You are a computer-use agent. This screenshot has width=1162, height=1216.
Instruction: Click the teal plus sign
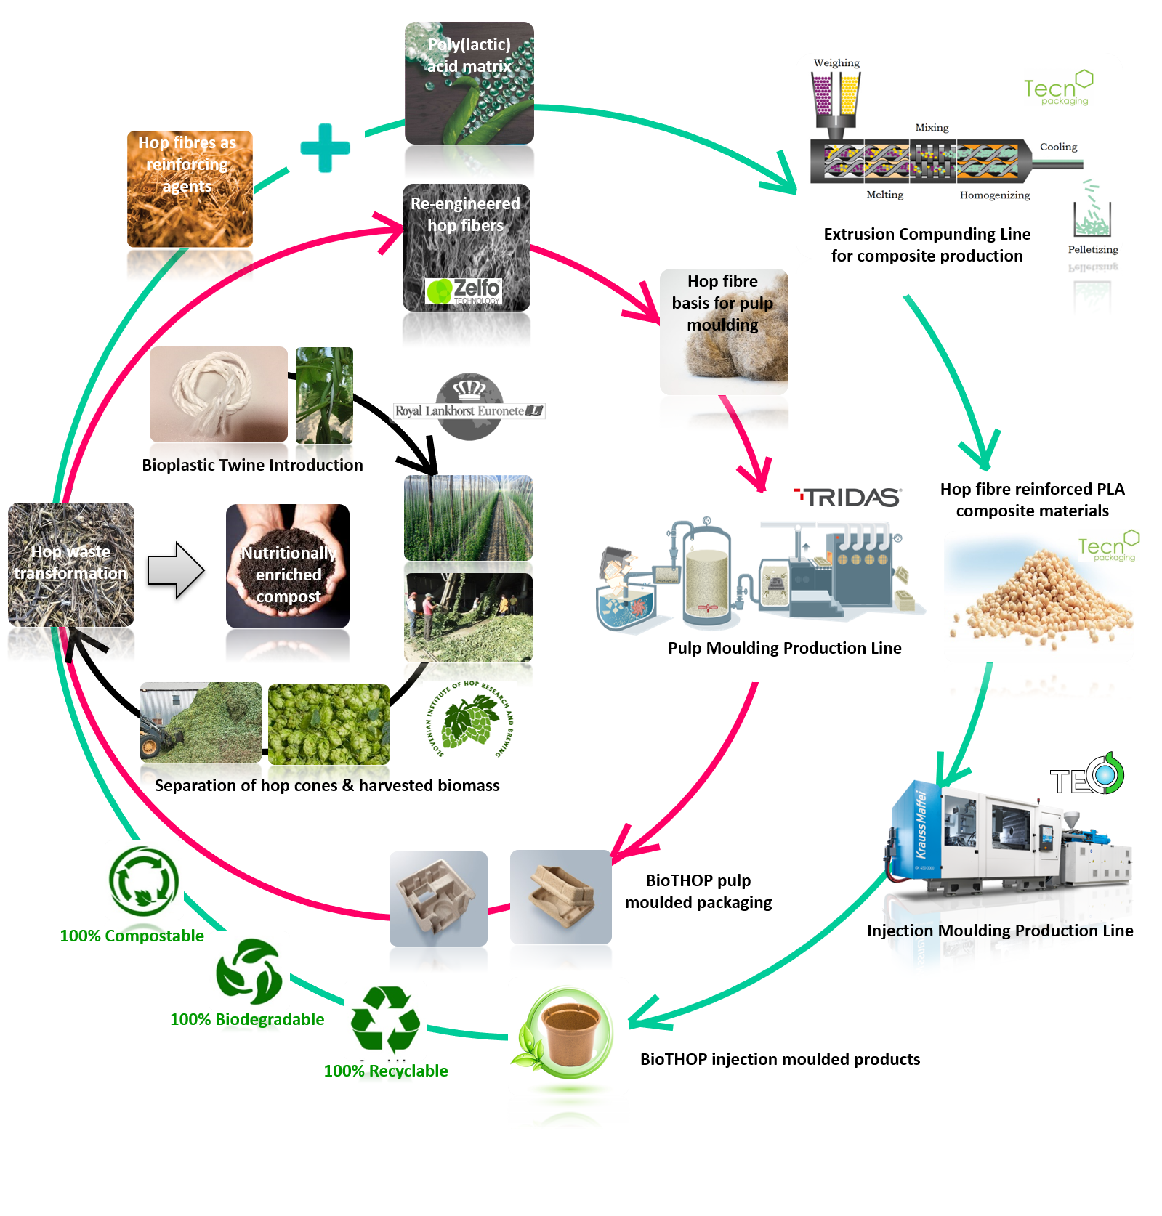tap(325, 147)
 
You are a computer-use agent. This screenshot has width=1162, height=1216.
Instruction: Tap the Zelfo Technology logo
tap(464, 291)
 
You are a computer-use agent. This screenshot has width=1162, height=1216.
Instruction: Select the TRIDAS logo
tap(848, 498)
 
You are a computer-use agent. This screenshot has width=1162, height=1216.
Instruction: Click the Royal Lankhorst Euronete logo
tap(469, 408)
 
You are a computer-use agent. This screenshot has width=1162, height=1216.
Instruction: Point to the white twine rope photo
tap(218, 394)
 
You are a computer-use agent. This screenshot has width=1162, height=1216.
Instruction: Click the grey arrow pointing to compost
tap(175, 570)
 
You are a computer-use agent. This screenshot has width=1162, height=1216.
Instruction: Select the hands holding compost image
tap(288, 566)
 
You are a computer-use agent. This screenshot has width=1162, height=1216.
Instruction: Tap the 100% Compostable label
tap(132, 936)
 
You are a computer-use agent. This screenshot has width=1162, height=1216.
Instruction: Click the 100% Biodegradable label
tap(247, 1019)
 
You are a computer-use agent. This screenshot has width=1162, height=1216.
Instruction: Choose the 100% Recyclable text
tap(386, 1071)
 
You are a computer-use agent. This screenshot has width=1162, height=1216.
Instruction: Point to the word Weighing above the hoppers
tap(836, 63)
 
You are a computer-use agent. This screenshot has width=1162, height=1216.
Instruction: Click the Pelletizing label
tap(1093, 249)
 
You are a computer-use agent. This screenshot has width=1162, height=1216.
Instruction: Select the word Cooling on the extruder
tap(1058, 147)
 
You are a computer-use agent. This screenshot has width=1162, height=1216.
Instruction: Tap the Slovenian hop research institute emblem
tap(470, 719)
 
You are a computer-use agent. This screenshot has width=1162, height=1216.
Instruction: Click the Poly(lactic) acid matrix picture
tap(469, 83)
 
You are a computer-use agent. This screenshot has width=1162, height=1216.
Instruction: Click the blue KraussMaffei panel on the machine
tap(918, 828)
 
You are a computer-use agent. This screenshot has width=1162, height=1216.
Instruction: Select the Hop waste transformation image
tap(71, 564)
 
